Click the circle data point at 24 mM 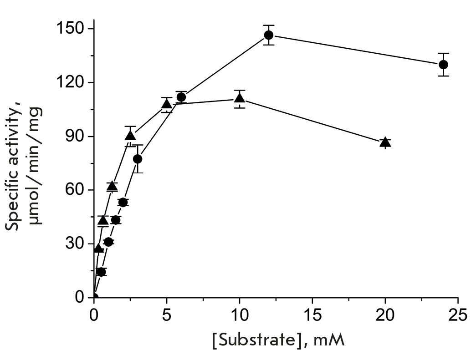(x=443, y=64)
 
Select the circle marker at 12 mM (x=268, y=35)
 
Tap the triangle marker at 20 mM (x=385, y=142)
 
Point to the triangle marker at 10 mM (x=240, y=98)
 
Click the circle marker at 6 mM (x=181, y=97)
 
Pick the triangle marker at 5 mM (x=167, y=104)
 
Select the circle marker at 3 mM (x=138, y=159)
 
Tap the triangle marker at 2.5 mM (x=130, y=136)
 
